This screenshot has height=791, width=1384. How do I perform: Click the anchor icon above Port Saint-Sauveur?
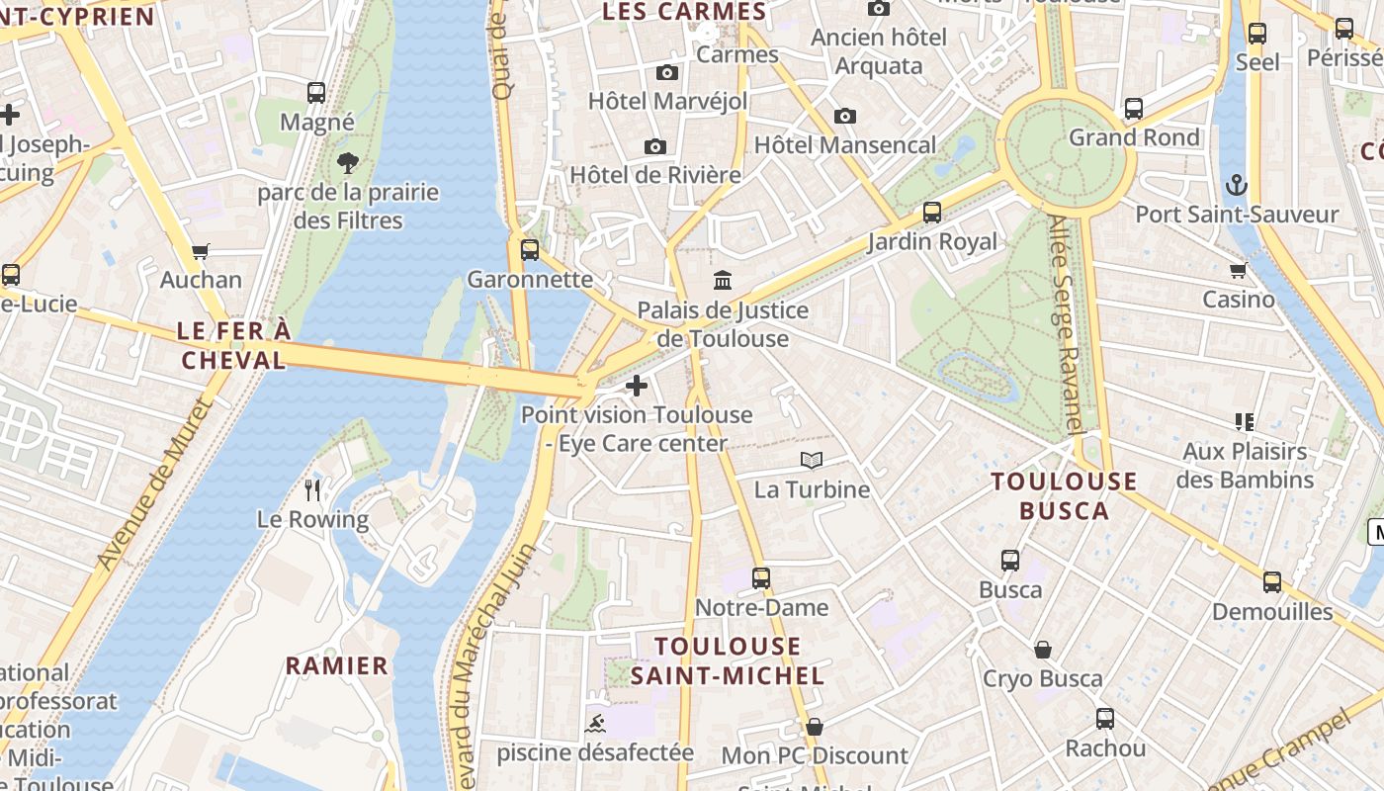pyautogui.click(x=1236, y=185)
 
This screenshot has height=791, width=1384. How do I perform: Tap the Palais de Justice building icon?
pyautogui.click(x=723, y=281)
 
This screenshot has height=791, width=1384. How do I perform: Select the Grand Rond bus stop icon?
pyautogui.click(x=1133, y=109)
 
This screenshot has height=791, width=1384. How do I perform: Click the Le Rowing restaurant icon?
pyautogui.click(x=312, y=489)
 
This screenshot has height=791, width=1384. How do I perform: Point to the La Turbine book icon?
pyautogui.click(x=812, y=460)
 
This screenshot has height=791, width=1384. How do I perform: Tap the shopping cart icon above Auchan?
pyautogui.click(x=201, y=251)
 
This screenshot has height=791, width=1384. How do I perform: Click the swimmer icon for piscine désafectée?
pyautogui.click(x=596, y=724)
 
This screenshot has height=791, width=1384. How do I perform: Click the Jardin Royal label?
pyautogui.click(x=932, y=242)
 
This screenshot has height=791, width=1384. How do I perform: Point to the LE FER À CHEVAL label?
pyautogui.click(x=234, y=345)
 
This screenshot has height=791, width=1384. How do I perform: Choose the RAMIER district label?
pyautogui.click(x=337, y=665)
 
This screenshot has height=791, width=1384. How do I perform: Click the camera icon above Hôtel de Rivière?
pyautogui.click(x=654, y=147)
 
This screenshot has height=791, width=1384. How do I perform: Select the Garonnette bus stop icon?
pyautogui.click(x=530, y=249)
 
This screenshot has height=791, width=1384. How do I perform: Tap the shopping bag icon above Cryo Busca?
pyautogui.click(x=1043, y=650)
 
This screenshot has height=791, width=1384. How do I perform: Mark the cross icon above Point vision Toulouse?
pyautogui.click(x=637, y=386)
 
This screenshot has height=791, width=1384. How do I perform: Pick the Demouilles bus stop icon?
pyautogui.click(x=1271, y=582)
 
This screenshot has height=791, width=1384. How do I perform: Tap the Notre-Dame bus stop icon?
pyautogui.click(x=760, y=577)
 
